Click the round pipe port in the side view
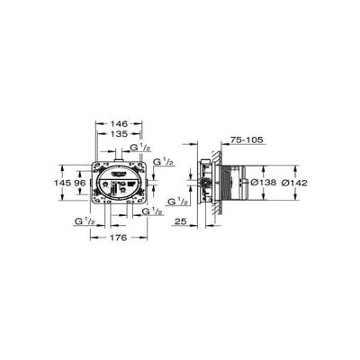[209, 187]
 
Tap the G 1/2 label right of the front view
[163, 164]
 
